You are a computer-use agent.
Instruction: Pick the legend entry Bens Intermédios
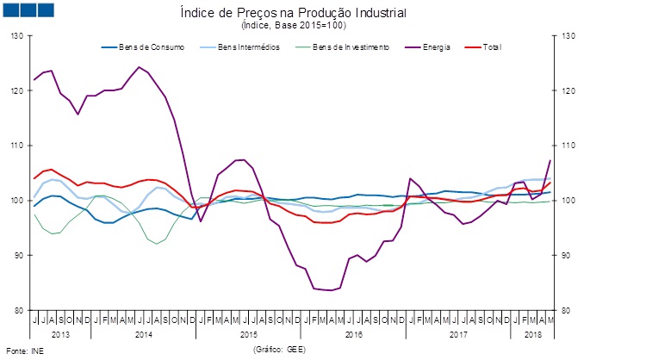point(250,47)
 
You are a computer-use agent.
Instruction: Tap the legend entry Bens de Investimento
point(351,47)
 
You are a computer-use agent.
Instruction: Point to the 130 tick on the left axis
point(17,36)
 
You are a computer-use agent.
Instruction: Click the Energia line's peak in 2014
point(139,67)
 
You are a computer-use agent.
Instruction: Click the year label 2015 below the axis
point(250,332)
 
